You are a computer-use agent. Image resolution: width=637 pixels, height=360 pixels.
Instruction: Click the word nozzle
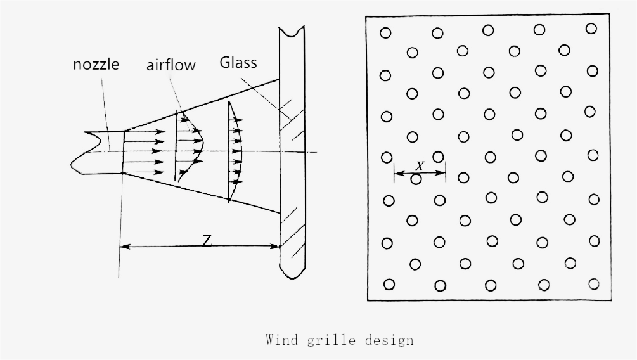click(96, 64)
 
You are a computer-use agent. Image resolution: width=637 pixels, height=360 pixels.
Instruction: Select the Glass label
click(238, 63)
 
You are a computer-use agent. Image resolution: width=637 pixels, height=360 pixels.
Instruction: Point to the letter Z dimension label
click(207, 241)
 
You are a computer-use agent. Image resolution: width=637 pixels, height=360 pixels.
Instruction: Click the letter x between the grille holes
click(420, 165)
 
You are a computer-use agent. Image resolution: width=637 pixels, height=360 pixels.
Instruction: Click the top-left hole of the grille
click(385, 33)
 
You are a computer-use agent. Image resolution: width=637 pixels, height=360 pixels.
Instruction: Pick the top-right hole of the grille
click(591, 29)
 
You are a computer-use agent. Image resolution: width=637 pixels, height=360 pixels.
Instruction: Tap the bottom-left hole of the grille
click(389, 285)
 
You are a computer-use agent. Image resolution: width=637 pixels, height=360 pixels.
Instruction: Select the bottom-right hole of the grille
click(594, 283)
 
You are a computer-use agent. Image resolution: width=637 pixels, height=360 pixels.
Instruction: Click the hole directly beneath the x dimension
click(416, 179)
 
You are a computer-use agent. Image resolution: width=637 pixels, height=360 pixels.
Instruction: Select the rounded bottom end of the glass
click(292, 274)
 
